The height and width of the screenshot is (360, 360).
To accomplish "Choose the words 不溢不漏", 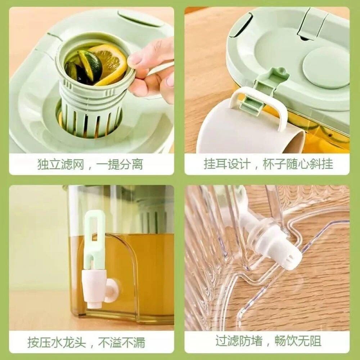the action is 122,342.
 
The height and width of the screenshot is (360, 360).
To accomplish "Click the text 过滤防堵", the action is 239,340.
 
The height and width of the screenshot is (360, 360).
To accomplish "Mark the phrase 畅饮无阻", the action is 298,340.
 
